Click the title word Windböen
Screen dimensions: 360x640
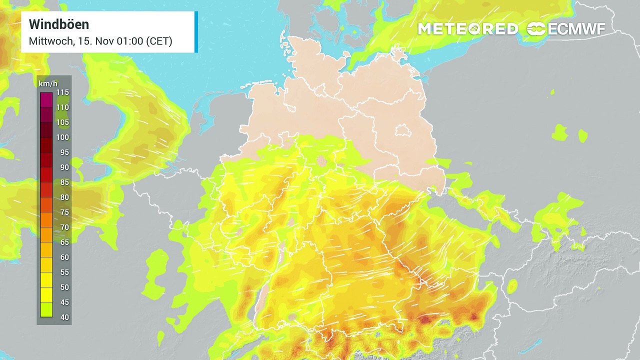(58, 24)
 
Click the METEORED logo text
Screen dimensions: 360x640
(467, 29)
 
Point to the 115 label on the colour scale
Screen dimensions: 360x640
(62, 92)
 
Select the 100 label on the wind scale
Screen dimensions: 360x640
(62, 137)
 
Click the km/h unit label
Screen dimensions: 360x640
(46, 82)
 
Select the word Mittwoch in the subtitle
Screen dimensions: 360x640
(49, 41)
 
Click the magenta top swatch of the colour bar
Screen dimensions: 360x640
(46, 99)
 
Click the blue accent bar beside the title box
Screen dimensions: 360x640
(196, 31)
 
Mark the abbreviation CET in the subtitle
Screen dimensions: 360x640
(159, 41)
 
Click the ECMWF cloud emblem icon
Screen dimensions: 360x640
(536, 29)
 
